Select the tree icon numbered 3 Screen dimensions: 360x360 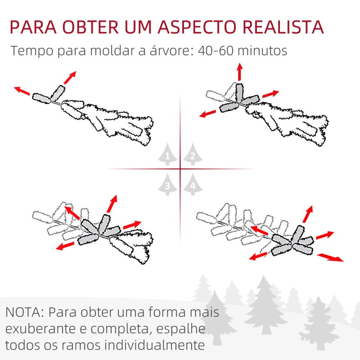point(167,184)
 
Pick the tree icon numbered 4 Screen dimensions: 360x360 point(193,184)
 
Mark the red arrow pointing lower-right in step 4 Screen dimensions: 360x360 point(330,257)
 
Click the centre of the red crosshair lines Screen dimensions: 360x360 point(180,169)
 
